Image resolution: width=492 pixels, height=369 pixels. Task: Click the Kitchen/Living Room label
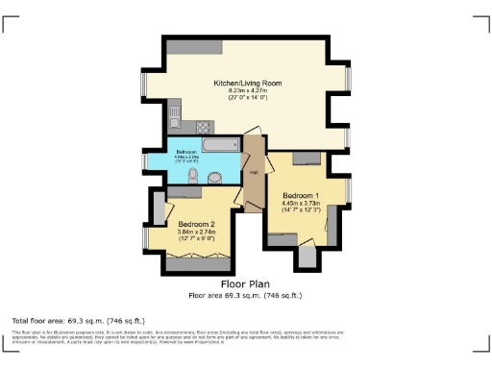pyautogui.click(x=245, y=84)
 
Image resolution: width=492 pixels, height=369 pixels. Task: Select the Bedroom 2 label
pyautogui.click(x=197, y=224)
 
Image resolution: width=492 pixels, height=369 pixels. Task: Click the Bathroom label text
pyautogui.click(x=186, y=153)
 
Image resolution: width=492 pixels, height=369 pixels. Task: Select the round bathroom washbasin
pyautogui.click(x=217, y=176)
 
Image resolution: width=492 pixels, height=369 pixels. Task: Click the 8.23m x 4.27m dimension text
pyautogui.click(x=245, y=91)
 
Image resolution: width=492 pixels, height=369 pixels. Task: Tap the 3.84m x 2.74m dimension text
pyautogui.click(x=197, y=232)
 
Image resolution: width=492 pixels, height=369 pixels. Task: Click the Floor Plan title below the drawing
pyautogui.click(x=245, y=284)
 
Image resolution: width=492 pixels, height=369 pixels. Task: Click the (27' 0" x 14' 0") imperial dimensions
pyautogui.click(x=245, y=98)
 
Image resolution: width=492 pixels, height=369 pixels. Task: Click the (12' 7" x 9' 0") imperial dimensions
pyautogui.click(x=197, y=238)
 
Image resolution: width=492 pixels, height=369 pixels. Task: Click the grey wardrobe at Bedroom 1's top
pyautogui.click(x=307, y=157)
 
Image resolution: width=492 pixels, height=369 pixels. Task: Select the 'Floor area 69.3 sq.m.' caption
pyautogui.click(x=245, y=295)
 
